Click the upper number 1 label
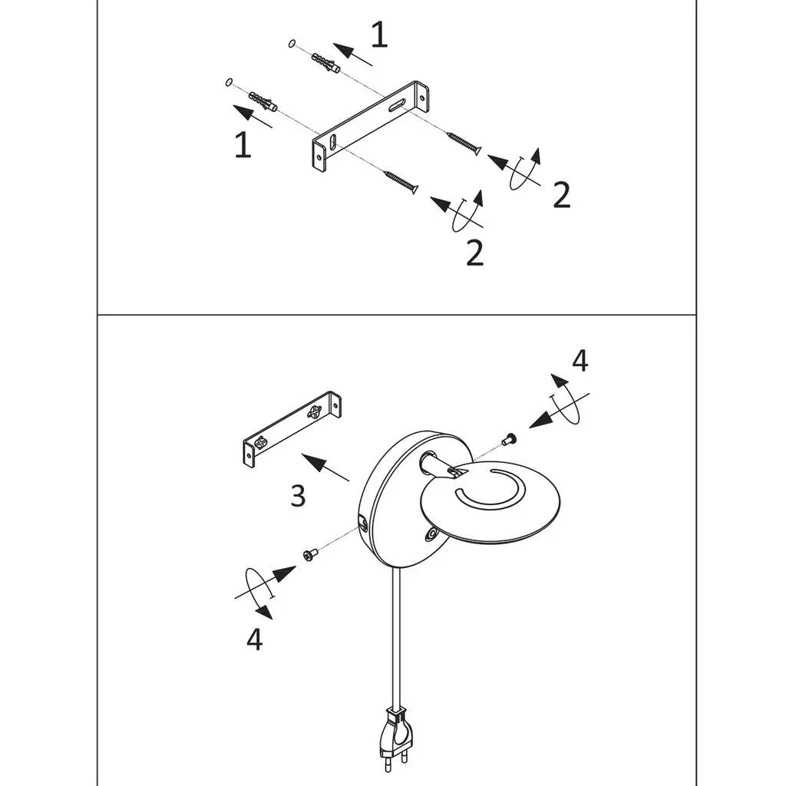pos(379,35)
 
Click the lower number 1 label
pos(243,145)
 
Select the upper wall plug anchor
pos(325,63)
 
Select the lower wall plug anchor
pos(263,102)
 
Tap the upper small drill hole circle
pos(292,44)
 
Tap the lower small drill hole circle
pos(229,82)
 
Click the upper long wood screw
pos(464,143)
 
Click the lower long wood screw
pos(401,182)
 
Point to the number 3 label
pos(299,496)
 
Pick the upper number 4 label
pos(580,361)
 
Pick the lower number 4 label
pos(255,639)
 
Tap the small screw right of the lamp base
pos(510,439)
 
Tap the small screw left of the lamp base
pos(310,554)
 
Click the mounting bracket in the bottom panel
pos(292,428)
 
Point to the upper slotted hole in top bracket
pos(398,106)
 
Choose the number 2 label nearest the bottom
pos(474,253)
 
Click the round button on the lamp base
pos(430,535)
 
